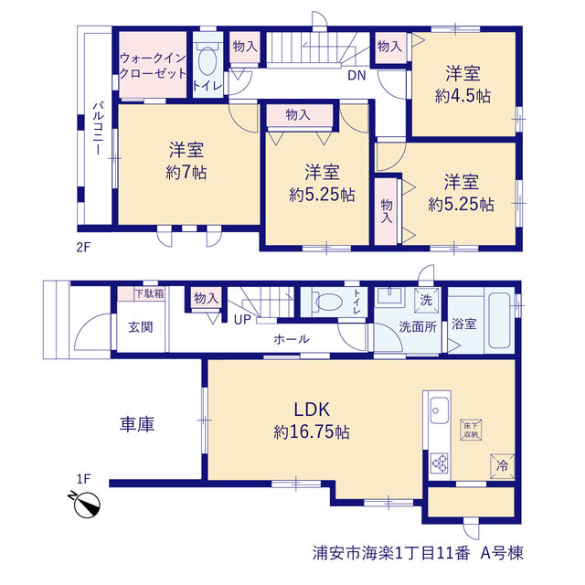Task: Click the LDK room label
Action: pyautogui.click(x=312, y=409)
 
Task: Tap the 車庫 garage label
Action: pyautogui.click(x=137, y=424)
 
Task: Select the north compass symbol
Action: pyautogui.click(x=86, y=504)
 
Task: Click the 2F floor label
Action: pyautogui.click(x=83, y=247)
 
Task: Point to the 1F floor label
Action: pyautogui.click(x=83, y=479)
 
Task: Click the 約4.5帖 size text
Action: pyautogui.click(x=463, y=96)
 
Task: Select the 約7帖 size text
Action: pyautogui.click(x=186, y=173)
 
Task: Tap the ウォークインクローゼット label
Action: pyautogui.click(x=153, y=66)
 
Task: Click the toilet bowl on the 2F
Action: pyautogui.click(x=207, y=61)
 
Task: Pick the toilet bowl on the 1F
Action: pyautogui.click(x=328, y=302)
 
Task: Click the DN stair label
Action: pyautogui.click(x=356, y=75)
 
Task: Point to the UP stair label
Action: pyautogui.click(x=242, y=320)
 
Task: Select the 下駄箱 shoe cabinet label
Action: pyautogui.click(x=149, y=293)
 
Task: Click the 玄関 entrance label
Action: pyautogui.click(x=141, y=327)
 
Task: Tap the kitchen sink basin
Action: pyautogui.click(x=439, y=410)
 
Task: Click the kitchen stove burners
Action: pyautogui.click(x=439, y=463)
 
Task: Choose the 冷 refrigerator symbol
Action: pyautogui.click(x=502, y=466)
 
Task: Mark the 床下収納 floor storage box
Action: pyautogui.click(x=471, y=431)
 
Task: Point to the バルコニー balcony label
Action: pyautogui.click(x=98, y=128)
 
